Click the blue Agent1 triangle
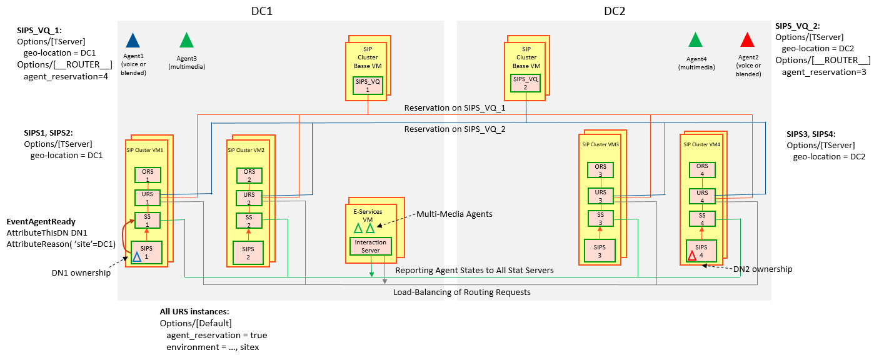click(x=133, y=41)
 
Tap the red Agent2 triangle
click(x=746, y=41)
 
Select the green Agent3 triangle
click(x=186, y=41)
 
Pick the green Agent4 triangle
click(x=695, y=41)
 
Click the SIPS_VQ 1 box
click(x=368, y=85)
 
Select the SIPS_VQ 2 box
click(x=526, y=83)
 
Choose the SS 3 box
click(x=600, y=219)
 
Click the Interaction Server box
click(x=371, y=246)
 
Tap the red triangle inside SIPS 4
click(x=691, y=256)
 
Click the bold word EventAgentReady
click(x=41, y=221)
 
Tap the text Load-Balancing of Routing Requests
click(x=462, y=292)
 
